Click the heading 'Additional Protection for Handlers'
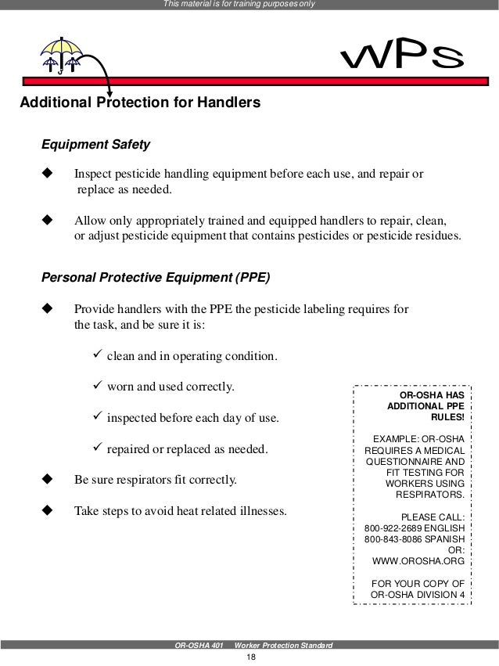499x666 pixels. [x=140, y=103]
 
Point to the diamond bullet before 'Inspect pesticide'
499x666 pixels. [x=45, y=173]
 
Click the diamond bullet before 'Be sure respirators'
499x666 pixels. [x=45, y=478]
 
